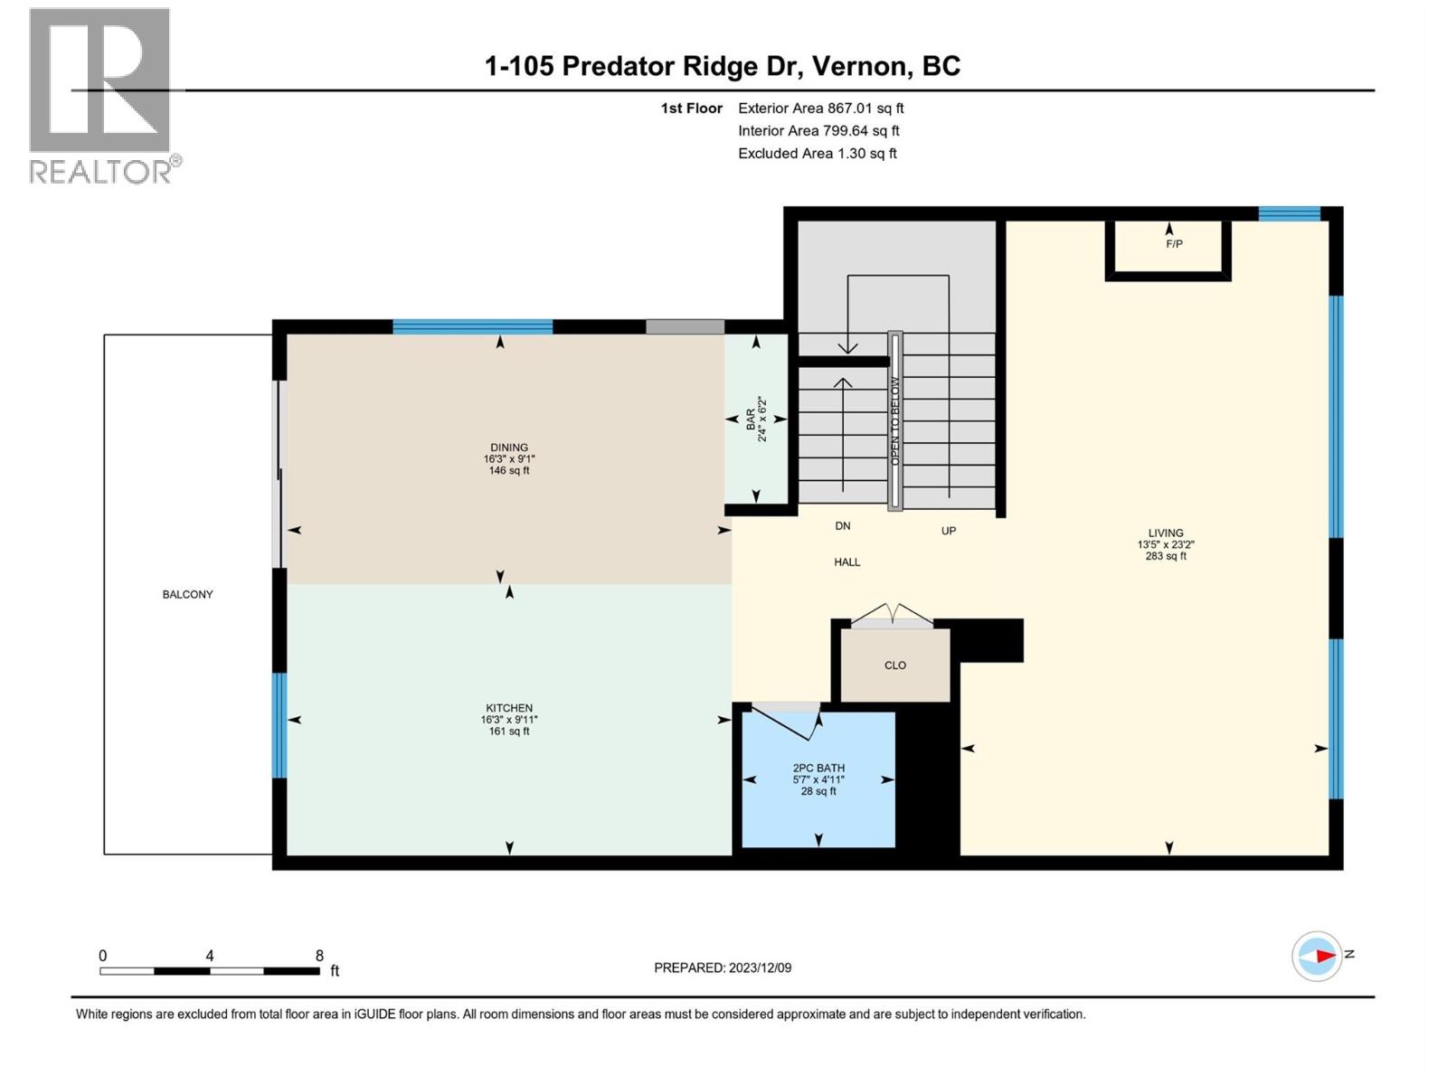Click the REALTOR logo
105,96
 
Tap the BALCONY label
188,594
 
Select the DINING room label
509,448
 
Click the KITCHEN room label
509,708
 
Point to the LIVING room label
1166,533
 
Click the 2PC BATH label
818,769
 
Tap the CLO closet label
895,665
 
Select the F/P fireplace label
1174,244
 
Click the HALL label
847,561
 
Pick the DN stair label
843,525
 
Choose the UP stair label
949,531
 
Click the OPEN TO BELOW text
894,421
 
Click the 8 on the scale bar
320,955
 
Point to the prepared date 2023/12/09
760,967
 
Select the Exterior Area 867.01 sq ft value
821,108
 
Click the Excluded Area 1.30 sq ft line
818,154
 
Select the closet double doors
892,614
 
